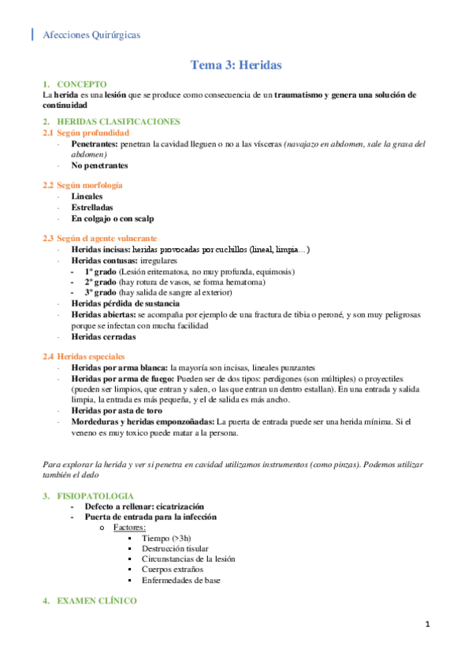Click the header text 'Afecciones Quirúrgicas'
pyautogui.click(x=92, y=34)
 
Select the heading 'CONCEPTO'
pyautogui.click(x=82, y=83)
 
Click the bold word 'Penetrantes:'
pyautogui.click(x=95, y=144)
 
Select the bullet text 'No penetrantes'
pyautogui.click(x=99, y=165)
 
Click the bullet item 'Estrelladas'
pyautogui.click(x=92, y=207)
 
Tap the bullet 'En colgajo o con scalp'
pyautogui.click(x=112, y=218)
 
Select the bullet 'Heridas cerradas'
pyautogui.click(x=102, y=336)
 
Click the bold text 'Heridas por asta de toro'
pyautogui.click(x=117, y=410)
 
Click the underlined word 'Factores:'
pyautogui.click(x=130, y=527)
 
